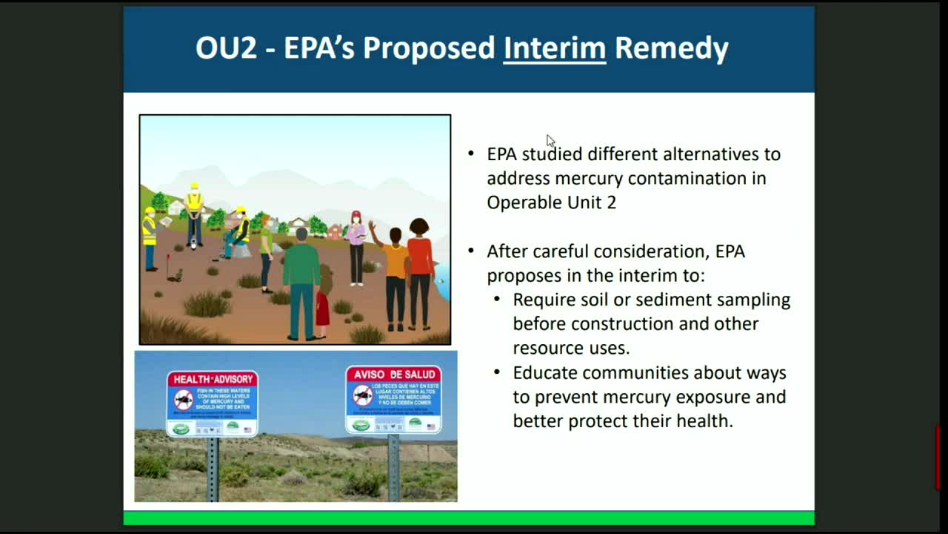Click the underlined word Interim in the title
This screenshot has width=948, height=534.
(x=554, y=48)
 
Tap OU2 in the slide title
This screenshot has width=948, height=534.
(x=226, y=48)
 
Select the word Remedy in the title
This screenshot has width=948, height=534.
(x=672, y=48)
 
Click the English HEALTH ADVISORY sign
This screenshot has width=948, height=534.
(x=212, y=403)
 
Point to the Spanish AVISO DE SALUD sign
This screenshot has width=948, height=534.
(x=393, y=399)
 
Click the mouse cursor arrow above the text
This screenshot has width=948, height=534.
(x=550, y=141)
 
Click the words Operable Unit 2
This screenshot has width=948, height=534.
(x=551, y=202)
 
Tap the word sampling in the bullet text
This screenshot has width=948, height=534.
(x=755, y=300)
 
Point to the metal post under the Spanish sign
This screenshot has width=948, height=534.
(x=393, y=467)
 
